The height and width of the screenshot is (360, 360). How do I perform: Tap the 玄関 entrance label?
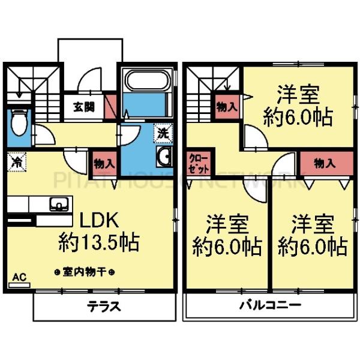tap(84, 108)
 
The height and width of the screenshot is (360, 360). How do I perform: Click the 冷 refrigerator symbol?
tap(17, 161)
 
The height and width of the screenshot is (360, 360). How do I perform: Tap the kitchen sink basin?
tap(58, 203)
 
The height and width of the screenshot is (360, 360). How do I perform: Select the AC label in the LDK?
tap(18, 277)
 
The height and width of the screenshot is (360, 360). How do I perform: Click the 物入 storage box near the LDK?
tap(104, 163)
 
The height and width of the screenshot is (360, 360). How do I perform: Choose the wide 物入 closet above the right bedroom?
tap(325, 163)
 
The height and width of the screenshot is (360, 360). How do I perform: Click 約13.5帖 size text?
tap(99, 243)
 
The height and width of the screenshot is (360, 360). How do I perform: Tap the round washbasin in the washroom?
tap(164, 158)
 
